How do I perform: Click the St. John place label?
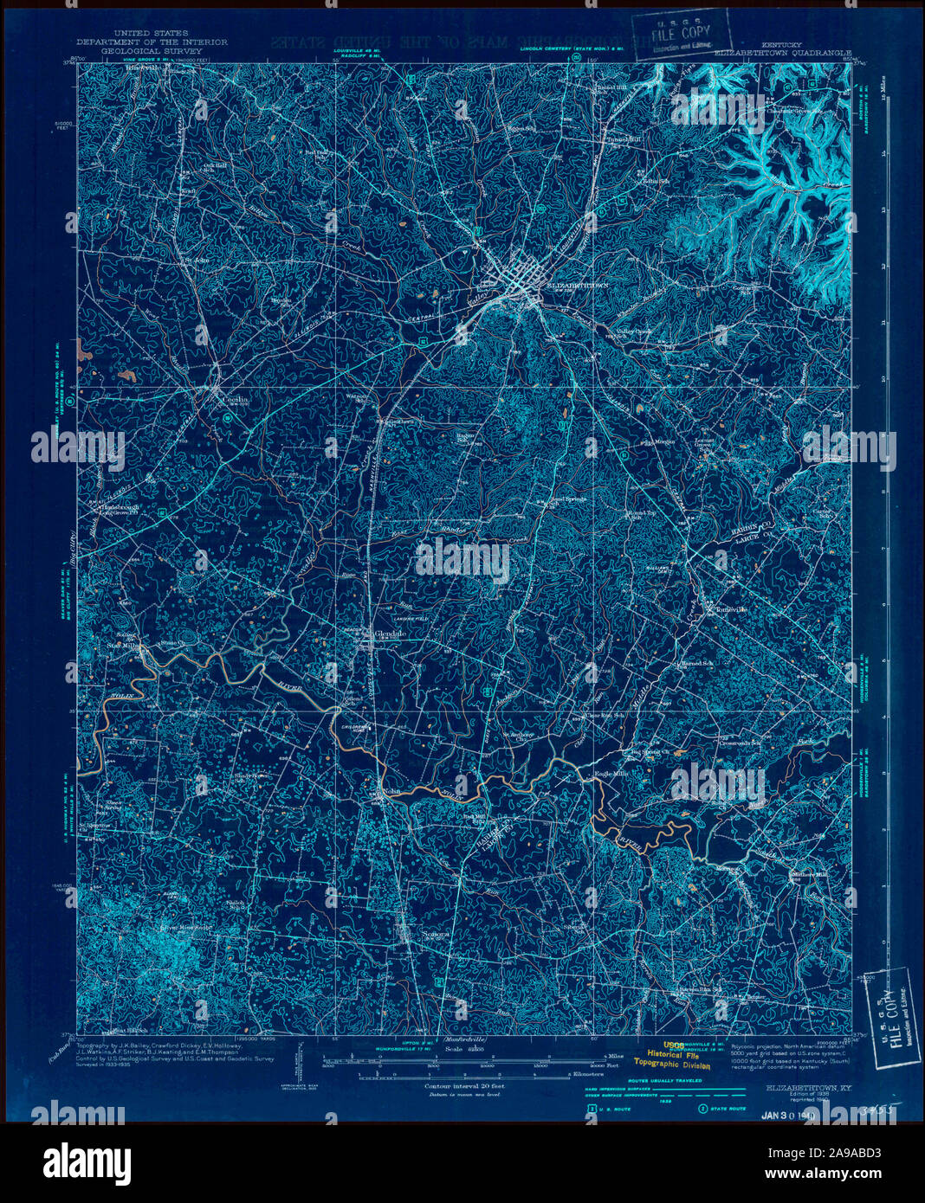[x=195, y=257]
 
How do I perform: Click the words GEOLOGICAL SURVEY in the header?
[x=152, y=51]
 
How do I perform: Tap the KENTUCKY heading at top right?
[x=782, y=42]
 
